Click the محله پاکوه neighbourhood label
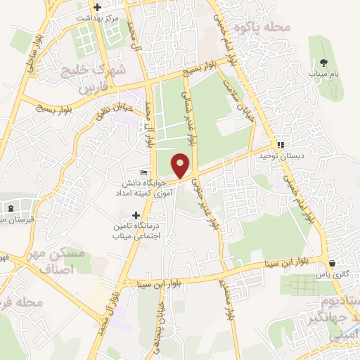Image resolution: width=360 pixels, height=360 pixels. coord(265,27)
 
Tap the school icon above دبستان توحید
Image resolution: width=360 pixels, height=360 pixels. coord(281,145)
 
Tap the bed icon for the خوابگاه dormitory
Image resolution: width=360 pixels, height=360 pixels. coord(144,172)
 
